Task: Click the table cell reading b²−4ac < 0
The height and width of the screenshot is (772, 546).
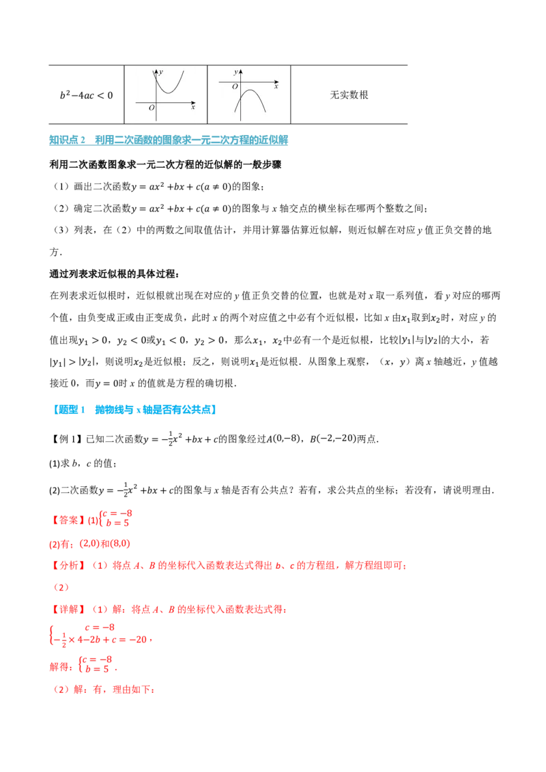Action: [x=86, y=95]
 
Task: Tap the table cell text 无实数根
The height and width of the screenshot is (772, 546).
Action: [x=349, y=95]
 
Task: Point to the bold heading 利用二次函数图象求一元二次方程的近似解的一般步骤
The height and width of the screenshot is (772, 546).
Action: [x=165, y=164]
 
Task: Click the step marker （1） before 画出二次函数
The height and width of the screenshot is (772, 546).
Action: [x=61, y=187]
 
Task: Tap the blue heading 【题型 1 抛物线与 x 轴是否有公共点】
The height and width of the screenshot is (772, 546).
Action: [x=134, y=410]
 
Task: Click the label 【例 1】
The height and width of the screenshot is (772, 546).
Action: [x=66, y=439]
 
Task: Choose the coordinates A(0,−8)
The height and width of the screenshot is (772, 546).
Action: [x=283, y=439]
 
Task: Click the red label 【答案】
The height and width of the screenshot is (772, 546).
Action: [x=67, y=520]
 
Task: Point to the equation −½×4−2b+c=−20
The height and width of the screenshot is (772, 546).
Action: [x=100, y=640]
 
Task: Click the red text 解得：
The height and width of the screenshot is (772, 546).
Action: [x=61, y=667]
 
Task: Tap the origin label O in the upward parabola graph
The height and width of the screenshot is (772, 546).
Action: [x=152, y=107]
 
